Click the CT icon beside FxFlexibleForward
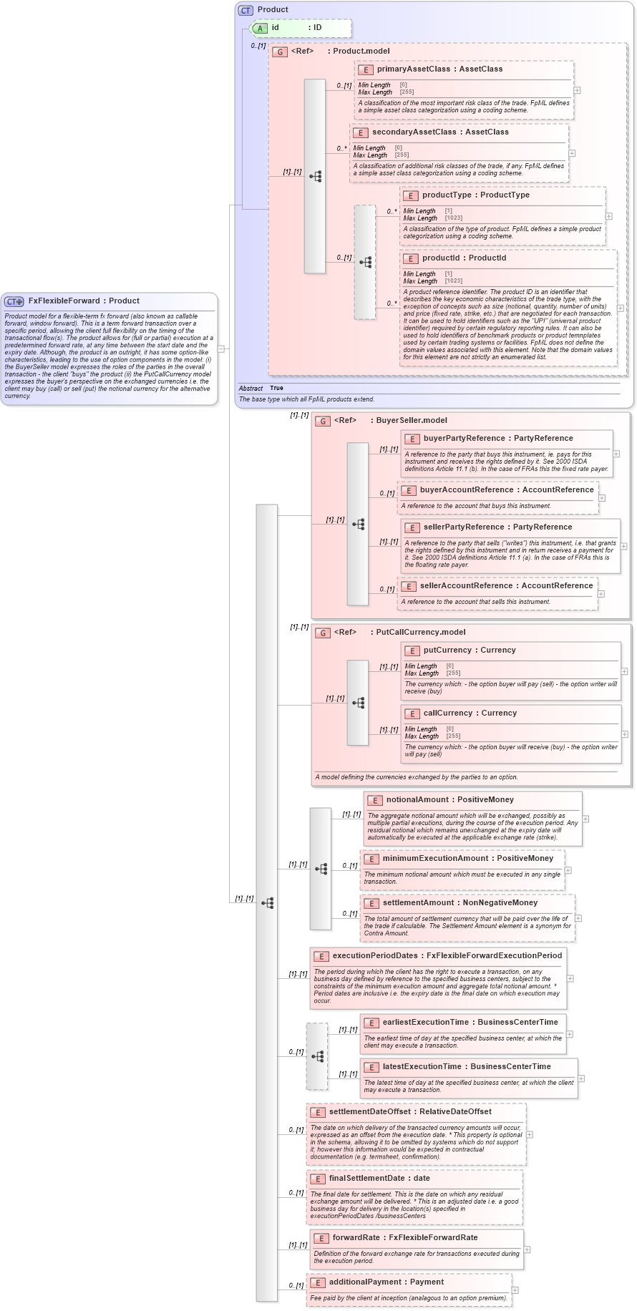14,301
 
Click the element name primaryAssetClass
413,69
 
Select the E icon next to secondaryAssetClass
361,132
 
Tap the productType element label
447,195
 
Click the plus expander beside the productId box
620,308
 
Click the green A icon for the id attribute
261,28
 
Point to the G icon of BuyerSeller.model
323,421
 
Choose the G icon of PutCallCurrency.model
323,633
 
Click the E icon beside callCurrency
412,713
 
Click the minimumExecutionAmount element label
437,859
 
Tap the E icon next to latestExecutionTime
371,1067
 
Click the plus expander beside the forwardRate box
527,1249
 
